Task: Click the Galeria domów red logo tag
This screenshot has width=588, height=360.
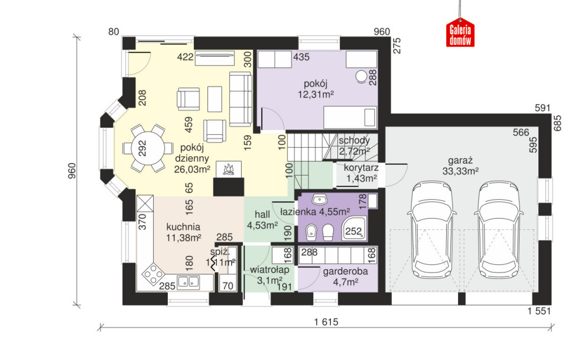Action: [460, 33]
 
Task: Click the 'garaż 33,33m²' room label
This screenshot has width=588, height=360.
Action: [460, 166]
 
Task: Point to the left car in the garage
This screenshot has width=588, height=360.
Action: [432, 229]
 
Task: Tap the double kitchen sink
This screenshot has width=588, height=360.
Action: [188, 281]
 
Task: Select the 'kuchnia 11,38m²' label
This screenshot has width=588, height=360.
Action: [183, 232]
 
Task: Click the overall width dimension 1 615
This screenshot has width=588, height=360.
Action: [326, 322]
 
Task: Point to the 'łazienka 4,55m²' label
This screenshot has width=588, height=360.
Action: [315, 212]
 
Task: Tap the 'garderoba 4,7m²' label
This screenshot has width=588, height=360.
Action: [345, 277]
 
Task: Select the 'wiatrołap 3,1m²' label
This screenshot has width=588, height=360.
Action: [269, 275]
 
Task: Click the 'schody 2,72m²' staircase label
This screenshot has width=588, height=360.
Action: [354, 146]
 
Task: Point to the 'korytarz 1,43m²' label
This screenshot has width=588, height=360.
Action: [361, 173]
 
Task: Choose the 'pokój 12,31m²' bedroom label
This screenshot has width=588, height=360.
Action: [316, 89]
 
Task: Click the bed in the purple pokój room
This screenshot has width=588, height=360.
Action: [350, 117]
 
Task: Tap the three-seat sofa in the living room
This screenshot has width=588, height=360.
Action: [241, 99]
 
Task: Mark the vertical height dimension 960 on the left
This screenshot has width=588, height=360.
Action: [72, 171]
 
